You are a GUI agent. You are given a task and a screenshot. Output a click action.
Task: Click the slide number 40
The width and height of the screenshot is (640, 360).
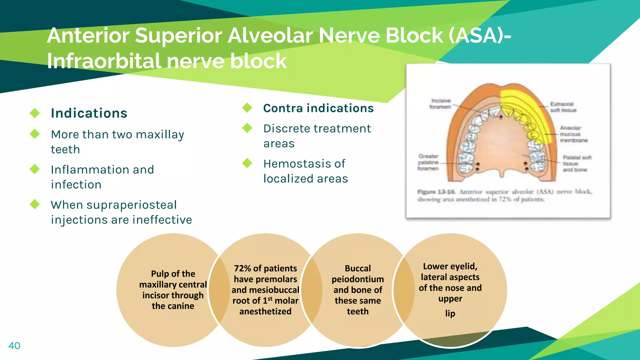[14, 346]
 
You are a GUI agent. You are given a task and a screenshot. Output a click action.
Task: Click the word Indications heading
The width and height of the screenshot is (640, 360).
[89, 113]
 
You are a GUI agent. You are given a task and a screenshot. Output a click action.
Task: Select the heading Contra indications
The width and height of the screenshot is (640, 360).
[318, 108]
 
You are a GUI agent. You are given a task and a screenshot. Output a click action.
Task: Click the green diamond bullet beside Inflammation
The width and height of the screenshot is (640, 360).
[35, 169]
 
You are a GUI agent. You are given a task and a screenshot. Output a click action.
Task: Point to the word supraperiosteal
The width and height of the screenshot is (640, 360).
[132, 205]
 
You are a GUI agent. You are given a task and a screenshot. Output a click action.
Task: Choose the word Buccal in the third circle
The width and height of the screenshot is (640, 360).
[357, 268]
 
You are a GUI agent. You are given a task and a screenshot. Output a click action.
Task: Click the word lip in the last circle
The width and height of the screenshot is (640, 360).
[450, 313]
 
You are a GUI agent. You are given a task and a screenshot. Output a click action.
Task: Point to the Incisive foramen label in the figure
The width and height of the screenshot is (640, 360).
[440, 104]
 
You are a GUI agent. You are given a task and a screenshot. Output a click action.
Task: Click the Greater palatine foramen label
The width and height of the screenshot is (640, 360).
[428, 162]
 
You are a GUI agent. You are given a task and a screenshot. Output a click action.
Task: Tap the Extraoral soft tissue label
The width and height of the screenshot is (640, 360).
[563, 107]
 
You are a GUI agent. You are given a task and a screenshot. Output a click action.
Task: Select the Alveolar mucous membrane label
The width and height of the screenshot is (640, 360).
[573, 134]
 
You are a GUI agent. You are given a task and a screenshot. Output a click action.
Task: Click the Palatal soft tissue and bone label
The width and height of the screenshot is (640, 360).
[577, 163]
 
